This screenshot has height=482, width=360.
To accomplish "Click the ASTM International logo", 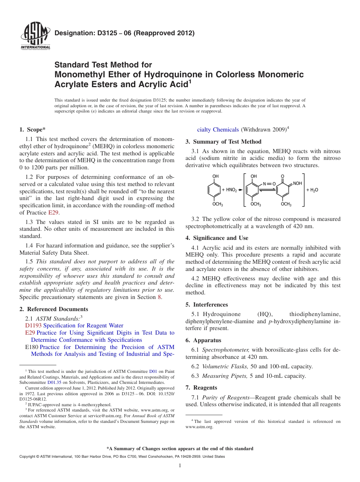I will pyautogui.click(x=35, y=36).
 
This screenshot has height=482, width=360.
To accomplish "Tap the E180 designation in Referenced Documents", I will pyautogui.click(x=31, y=347).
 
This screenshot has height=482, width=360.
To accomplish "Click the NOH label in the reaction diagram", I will pyautogui.click(x=297, y=183).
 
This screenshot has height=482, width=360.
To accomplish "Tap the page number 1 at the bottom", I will pyautogui.click(x=180, y=466).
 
